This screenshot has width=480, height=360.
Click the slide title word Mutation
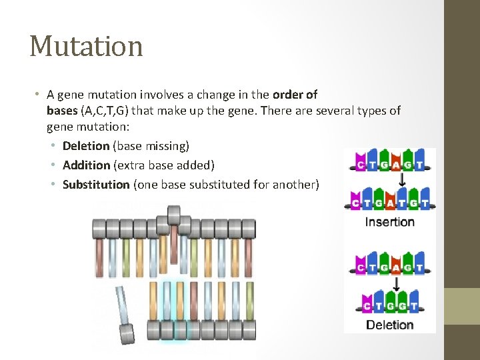86,46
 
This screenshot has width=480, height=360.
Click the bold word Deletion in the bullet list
85,145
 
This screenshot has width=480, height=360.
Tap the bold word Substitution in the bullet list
95,184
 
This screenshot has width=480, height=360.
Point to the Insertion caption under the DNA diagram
390,222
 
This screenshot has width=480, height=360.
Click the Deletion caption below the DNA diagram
390,325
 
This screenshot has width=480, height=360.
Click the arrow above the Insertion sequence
402,181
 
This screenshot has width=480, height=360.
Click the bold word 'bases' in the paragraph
62,110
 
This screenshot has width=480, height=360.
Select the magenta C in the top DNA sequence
361,164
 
